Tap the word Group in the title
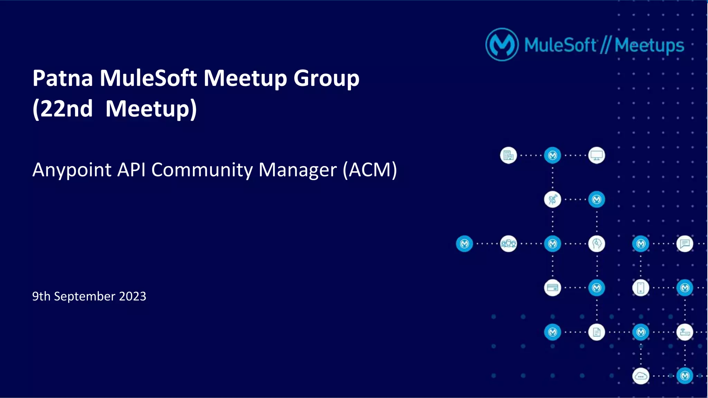tap(326, 78)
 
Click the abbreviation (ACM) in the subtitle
tap(370, 170)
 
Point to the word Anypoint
tap(72, 170)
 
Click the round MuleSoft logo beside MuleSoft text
tap(502, 45)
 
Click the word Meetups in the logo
tap(649, 45)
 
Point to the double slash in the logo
tap(605, 45)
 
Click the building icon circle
tap(508, 155)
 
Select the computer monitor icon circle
tap(597, 155)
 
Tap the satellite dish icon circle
tap(552, 200)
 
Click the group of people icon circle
tap(508, 244)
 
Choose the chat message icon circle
tap(685, 244)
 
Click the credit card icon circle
tap(552, 288)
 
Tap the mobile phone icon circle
tap(641, 288)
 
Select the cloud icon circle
tap(641, 376)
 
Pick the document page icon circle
tap(597, 332)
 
